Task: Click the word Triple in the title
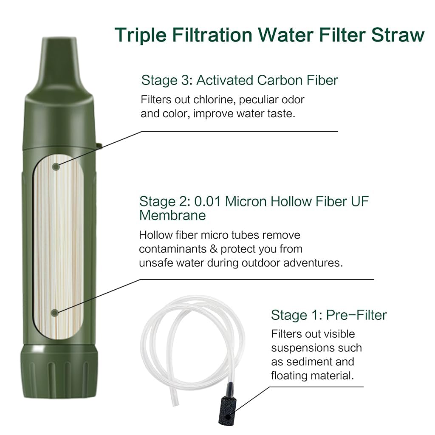point(140,35)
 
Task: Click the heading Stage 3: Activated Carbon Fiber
point(240,80)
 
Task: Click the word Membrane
point(172,215)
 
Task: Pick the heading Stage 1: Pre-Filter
point(329,315)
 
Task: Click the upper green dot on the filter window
point(56,166)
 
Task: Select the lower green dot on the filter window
point(54,313)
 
